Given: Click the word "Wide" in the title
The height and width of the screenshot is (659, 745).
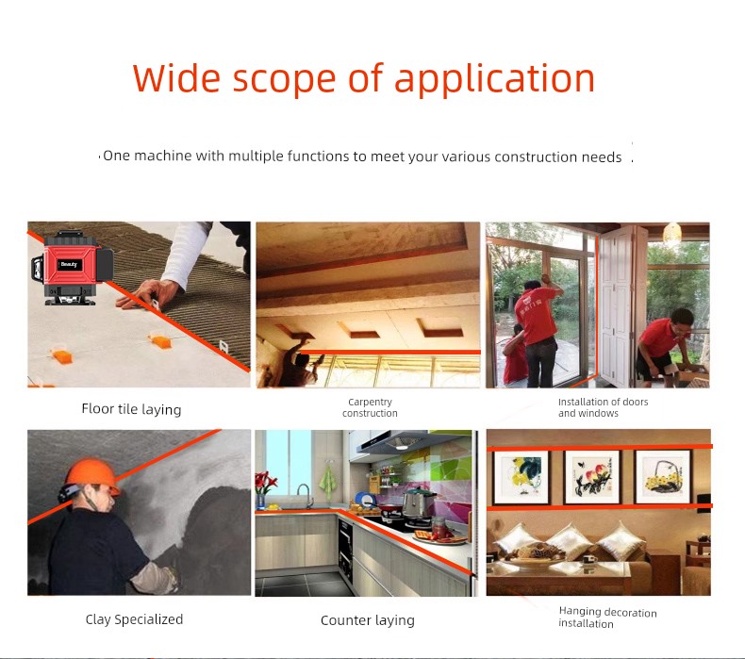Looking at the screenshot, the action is point(176,78).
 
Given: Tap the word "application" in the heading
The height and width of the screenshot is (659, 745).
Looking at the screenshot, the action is point(494,80).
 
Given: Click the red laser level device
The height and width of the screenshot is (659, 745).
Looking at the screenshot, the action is point(73,268).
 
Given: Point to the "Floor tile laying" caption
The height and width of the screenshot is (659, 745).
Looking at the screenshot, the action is point(132,409).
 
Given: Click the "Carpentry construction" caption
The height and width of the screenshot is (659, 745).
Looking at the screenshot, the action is point(370,407).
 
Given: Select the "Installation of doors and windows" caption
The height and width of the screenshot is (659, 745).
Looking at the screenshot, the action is point(603,407).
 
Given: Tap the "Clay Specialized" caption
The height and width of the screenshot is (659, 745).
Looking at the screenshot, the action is point(134,619).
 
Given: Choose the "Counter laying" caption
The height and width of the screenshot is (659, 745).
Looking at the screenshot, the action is point(368,620).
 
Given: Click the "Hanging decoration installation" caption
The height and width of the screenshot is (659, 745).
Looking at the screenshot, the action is point(607,618).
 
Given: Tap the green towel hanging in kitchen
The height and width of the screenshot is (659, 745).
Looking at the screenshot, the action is point(328,482).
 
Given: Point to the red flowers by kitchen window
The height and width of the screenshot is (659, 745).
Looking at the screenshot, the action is point(265,483).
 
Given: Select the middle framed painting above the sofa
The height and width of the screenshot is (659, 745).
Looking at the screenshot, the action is point(592,476).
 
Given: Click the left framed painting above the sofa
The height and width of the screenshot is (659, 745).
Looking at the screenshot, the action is point(521,477).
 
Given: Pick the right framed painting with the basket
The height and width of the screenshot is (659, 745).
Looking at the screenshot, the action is point(663,476).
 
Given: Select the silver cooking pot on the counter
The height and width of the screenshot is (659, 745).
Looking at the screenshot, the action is point(418,503).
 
